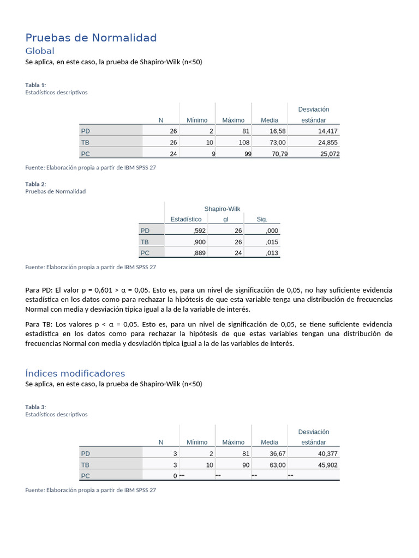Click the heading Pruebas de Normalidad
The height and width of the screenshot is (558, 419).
tap(91, 38)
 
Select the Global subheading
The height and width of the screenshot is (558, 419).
tap(40, 51)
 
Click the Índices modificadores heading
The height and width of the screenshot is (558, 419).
tap(75, 373)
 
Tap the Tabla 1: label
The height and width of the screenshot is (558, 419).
tap(35, 84)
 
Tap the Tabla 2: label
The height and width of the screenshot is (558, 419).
tap(35, 184)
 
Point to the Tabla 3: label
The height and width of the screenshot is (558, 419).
tap(35, 407)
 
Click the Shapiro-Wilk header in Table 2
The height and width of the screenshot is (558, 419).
tap(222, 209)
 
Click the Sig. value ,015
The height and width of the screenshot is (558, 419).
tap(271, 242)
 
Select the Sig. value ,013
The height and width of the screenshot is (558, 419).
tap(271, 253)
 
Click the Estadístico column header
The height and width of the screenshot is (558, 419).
tap(185, 219)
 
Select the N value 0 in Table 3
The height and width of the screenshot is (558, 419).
tap(175, 476)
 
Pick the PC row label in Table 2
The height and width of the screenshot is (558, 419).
tap(145, 253)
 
